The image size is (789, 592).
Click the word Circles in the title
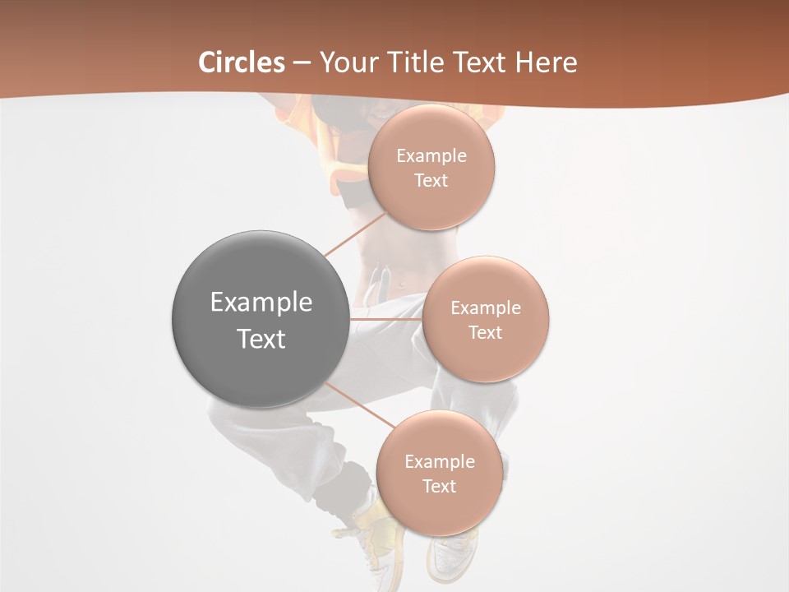pos(241,62)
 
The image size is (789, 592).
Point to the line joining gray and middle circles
pos(385,318)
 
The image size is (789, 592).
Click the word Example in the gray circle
pos(261,303)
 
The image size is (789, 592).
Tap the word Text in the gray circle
pos(261,339)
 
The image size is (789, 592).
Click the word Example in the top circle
pos(431,156)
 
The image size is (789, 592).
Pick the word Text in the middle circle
pos(485,332)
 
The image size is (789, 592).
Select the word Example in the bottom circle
pos(440,461)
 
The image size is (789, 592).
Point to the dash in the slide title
pos(302,62)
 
